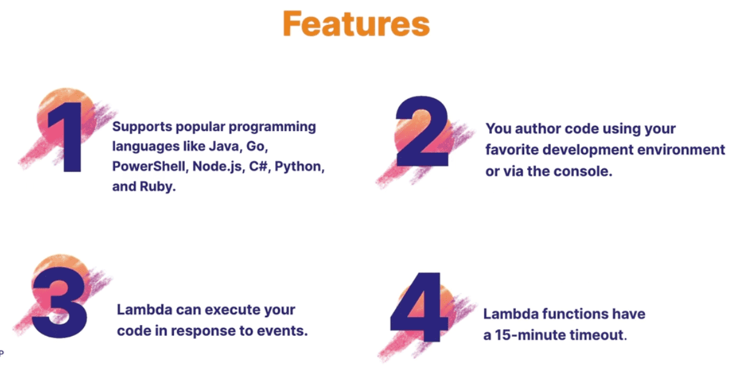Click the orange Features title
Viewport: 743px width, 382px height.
click(356, 24)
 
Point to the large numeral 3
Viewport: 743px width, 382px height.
click(59, 303)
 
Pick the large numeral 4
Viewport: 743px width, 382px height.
click(418, 309)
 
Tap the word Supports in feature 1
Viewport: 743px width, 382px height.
click(142, 127)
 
